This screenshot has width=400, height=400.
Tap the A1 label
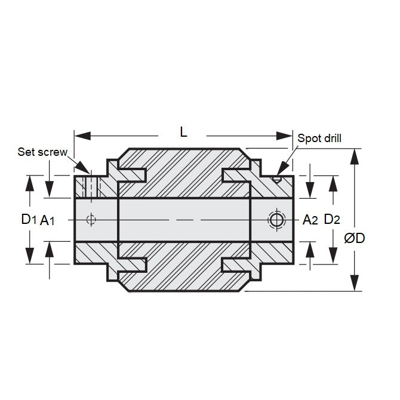coord(48,220)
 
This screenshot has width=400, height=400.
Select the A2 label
coord(310,220)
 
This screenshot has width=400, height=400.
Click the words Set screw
coord(43,152)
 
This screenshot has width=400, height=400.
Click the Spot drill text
coord(319,139)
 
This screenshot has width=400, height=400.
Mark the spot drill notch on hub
coord(276,178)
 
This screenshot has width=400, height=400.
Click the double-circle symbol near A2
coord(276,220)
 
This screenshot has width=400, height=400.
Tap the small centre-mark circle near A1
coord(91,219)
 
